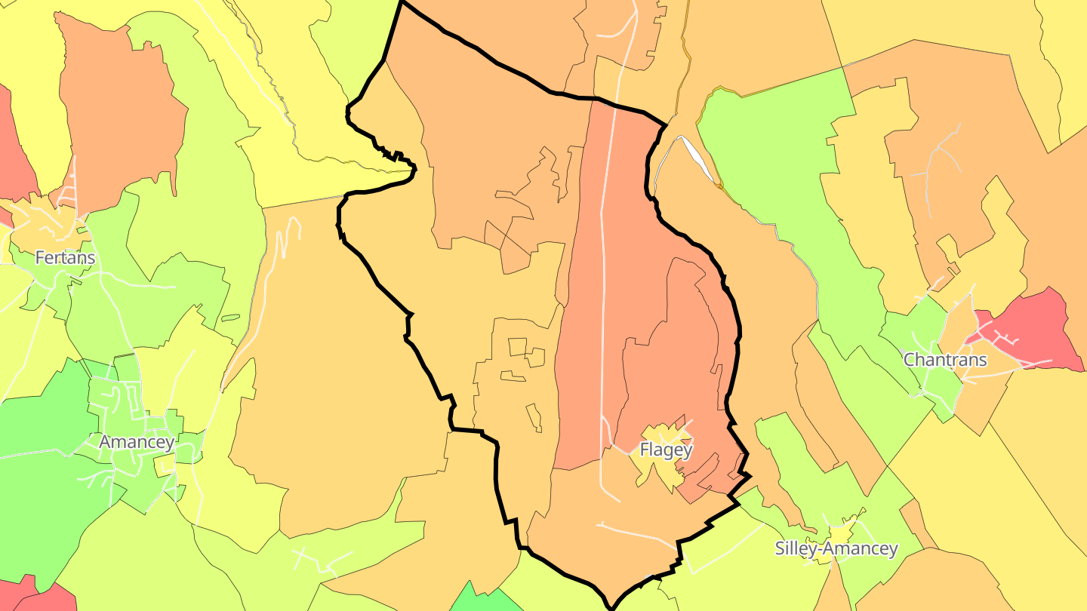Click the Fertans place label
click(65, 258)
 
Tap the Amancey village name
click(137, 442)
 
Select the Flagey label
click(666, 450)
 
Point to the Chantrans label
click(945, 360)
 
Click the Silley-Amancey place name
click(836, 548)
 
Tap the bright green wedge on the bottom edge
click(483, 600)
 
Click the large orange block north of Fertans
click(121, 113)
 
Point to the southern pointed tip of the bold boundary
click(612, 606)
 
